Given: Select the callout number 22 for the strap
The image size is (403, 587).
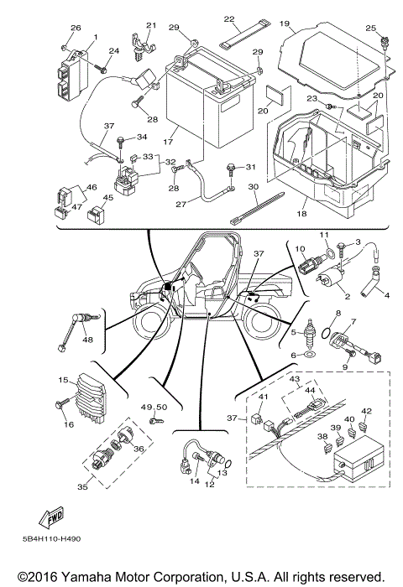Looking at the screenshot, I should pos(229,18).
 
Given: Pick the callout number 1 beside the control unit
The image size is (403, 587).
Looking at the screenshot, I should pos(96,37).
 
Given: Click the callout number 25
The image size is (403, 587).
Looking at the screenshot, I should pos(370,28).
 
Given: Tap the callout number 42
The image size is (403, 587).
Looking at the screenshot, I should pos(366,411).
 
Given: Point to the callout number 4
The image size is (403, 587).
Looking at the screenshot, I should pos(387,295).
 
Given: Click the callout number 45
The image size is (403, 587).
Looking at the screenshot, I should pos(107,198).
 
